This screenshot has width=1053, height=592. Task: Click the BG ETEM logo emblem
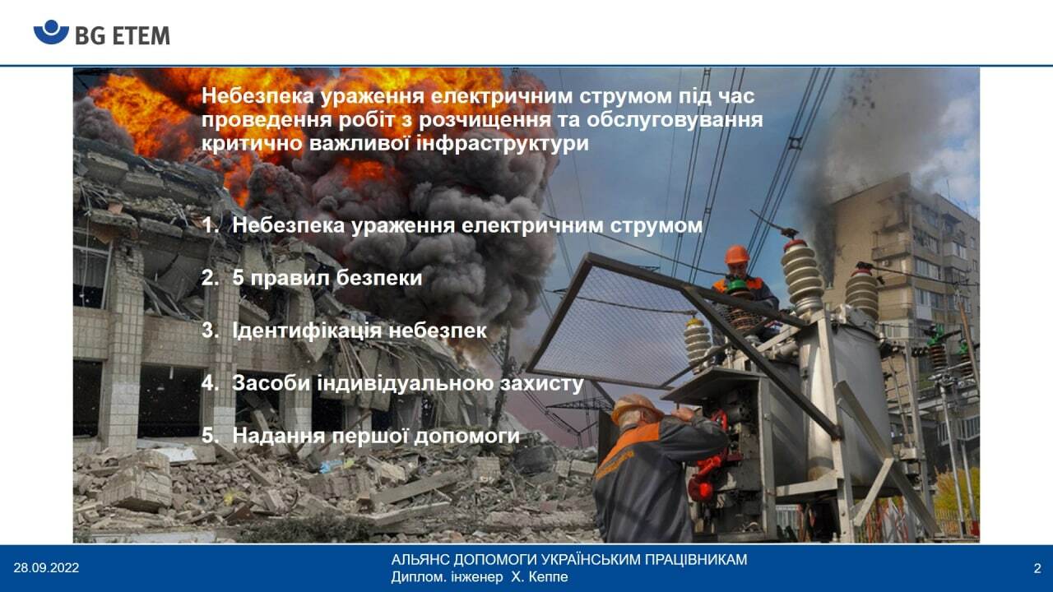51,32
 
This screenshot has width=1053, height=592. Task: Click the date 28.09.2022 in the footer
46,568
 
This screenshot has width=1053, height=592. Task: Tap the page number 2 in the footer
1037,568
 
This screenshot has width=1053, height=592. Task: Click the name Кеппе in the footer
548,577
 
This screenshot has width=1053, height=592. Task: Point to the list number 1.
210,225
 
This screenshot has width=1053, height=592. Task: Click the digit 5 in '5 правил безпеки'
239,278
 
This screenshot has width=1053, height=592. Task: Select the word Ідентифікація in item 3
307,331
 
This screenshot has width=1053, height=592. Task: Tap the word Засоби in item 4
271,383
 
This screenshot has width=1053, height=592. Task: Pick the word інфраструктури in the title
503,144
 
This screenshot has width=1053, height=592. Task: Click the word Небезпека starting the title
257,96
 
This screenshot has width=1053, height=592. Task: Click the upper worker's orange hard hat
736,255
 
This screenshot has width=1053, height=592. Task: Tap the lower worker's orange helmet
636,408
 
